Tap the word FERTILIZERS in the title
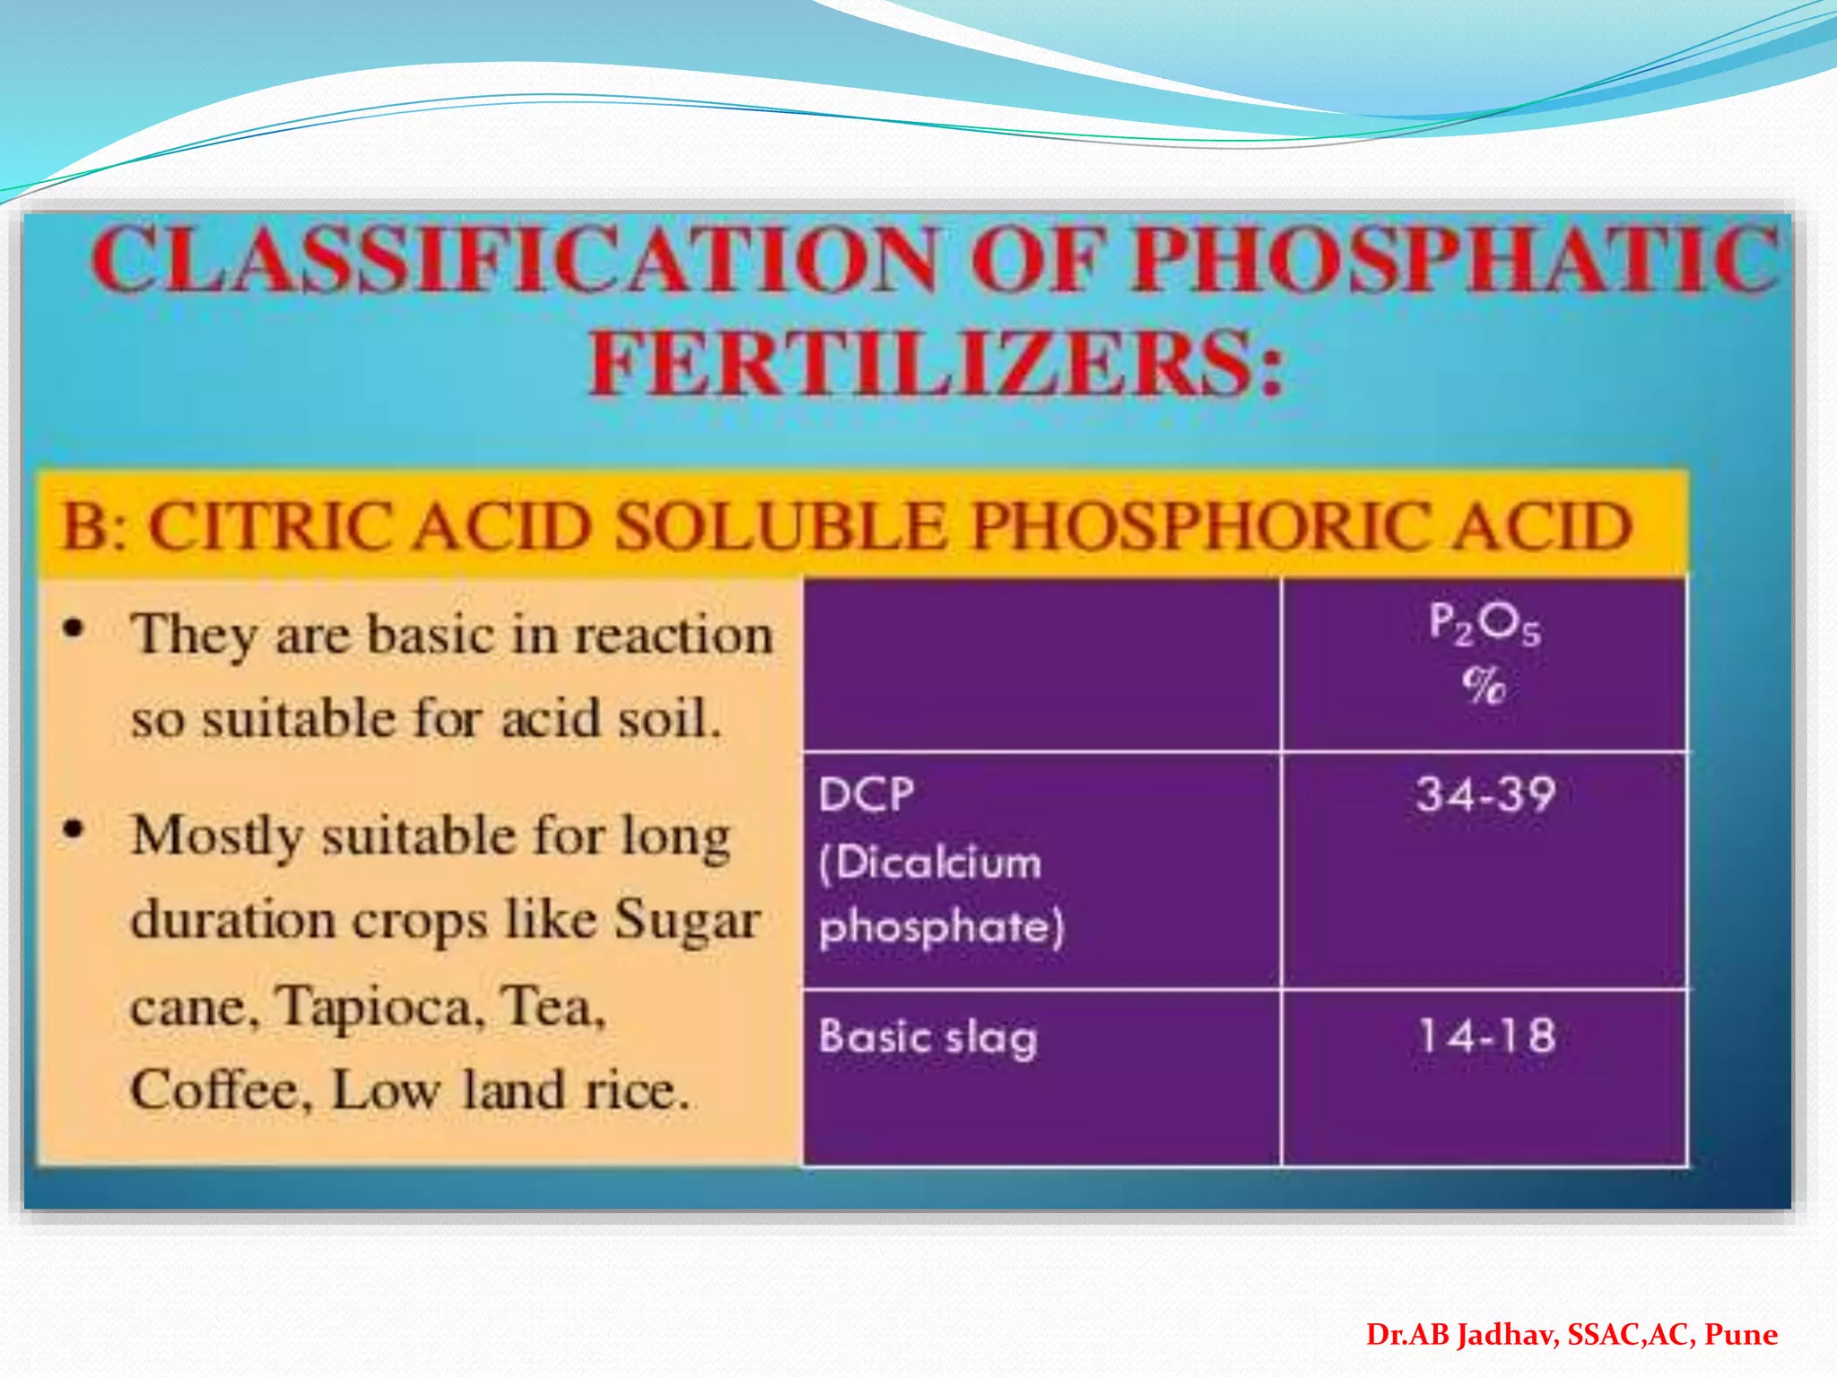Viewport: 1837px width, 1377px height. [924, 363]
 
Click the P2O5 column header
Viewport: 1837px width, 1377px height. [1484, 623]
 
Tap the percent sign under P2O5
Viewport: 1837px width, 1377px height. [1484, 686]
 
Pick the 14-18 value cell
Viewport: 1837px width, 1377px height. [1485, 1036]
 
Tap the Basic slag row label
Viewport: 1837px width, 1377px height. [927, 1038]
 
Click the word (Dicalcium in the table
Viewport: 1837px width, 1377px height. [930, 862]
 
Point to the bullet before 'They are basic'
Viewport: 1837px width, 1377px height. [74, 629]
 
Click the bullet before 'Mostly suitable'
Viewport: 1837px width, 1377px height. [74, 830]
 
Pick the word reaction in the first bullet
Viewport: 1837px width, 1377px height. [673, 636]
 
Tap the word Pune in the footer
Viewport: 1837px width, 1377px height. [1740, 1334]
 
